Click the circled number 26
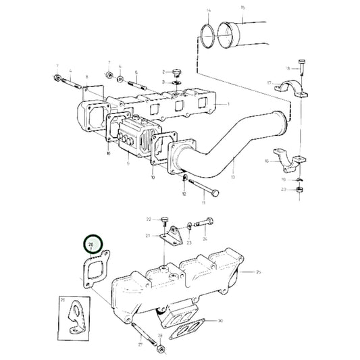point(91,245)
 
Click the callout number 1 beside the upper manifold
point(228,103)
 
